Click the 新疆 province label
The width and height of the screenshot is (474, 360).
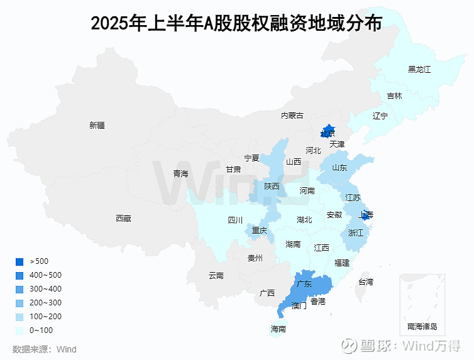coord(97,125)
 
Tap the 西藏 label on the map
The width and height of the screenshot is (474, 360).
coord(123,219)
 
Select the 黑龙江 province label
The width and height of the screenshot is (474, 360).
coord(419,69)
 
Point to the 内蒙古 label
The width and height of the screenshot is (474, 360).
coord(292,116)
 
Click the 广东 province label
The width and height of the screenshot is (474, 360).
coord(304,284)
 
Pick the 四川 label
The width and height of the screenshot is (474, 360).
coord(235,221)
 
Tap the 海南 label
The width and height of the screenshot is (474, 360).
coord(278,329)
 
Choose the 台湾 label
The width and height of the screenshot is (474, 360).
coord(365,282)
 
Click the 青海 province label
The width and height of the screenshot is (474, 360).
coord(180,173)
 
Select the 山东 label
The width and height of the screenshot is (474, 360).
coord(339,168)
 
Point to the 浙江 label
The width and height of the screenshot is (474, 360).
coord(356,233)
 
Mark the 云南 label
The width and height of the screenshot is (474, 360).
coord(216,275)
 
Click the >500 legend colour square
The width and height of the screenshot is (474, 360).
coord(19,261)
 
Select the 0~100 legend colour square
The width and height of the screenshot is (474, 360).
coord(19,330)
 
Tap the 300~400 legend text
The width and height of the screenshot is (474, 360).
coord(46,289)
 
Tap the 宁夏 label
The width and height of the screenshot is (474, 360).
coord(252,158)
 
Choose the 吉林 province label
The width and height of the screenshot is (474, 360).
coord(395,96)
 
